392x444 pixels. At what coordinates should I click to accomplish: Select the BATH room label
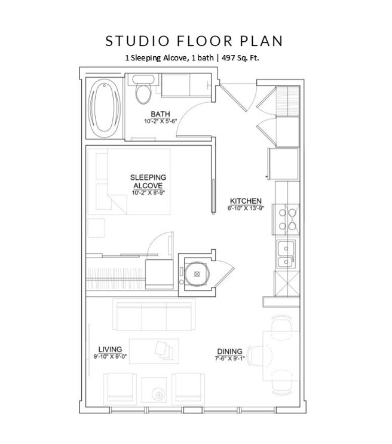pyautogui.click(x=160, y=114)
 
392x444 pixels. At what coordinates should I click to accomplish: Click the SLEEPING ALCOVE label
pyautogui.click(x=149, y=181)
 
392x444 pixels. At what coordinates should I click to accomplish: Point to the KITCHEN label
pyautogui.click(x=245, y=201)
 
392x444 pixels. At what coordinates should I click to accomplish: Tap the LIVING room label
pyautogui.click(x=111, y=349)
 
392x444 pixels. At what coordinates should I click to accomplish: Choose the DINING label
pyautogui.click(x=230, y=351)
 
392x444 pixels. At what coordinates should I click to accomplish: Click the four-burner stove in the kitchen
pyautogui.click(x=286, y=219)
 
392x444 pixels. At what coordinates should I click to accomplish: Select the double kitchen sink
pyautogui.click(x=286, y=254)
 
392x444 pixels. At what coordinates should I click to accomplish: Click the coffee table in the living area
pyautogui.click(x=154, y=350)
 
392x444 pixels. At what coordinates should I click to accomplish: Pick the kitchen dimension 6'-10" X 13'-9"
pyautogui.click(x=245, y=209)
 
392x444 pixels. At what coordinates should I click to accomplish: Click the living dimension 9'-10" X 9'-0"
pyautogui.click(x=111, y=357)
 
